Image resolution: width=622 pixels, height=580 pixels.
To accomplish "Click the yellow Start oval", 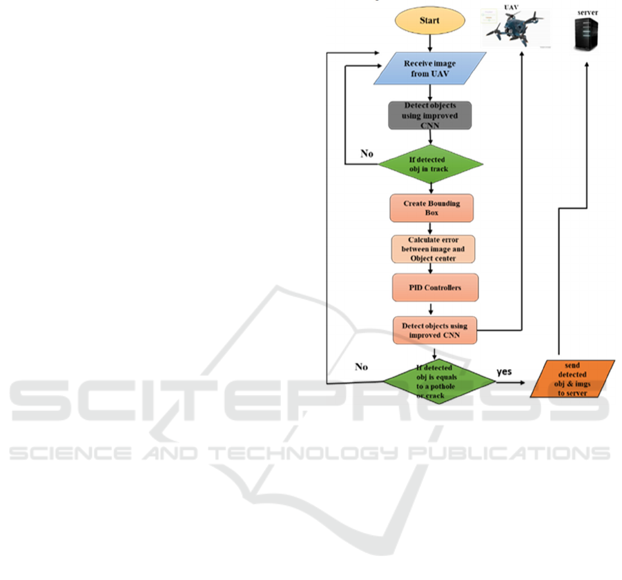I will pyautogui.click(x=429, y=20).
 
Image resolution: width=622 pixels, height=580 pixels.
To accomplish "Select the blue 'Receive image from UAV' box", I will pyautogui.click(x=429, y=69).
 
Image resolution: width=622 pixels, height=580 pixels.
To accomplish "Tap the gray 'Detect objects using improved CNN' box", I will pyautogui.click(x=429, y=115).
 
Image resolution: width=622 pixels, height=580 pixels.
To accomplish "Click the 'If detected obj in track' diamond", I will pyautogui.click(x=429, y=163).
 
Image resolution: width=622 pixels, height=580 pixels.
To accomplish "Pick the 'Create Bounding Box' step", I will pyautogui.click(x=431, y=208).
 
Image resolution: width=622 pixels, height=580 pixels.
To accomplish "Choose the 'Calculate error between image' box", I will pyautogui.click(x=433, y=249).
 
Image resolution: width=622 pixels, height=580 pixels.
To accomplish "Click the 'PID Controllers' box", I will pyautogui.click(x=434, y=287).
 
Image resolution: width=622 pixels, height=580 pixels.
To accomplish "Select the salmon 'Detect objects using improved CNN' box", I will pyautogui.click(x=435, y=330).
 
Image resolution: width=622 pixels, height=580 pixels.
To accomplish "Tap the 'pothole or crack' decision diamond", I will pyautogui.click(x=434, y=381).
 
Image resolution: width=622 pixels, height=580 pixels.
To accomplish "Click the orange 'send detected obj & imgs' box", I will pyautogui.click(x=572, y=379).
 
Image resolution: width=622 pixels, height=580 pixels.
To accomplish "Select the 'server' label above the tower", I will pyautogui.click(x=587, y=12).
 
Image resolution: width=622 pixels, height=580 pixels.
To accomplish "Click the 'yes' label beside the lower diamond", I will pyautogui.click(x=505, y=372).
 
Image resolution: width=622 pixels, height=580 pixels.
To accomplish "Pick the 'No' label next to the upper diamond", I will pyautogui.click(x=367, y=153).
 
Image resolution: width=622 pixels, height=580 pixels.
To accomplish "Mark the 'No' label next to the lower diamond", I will pyautogui.click(x=360, y=367).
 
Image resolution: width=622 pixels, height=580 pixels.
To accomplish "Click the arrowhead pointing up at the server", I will pyautogui.click(x=587, y=64).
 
